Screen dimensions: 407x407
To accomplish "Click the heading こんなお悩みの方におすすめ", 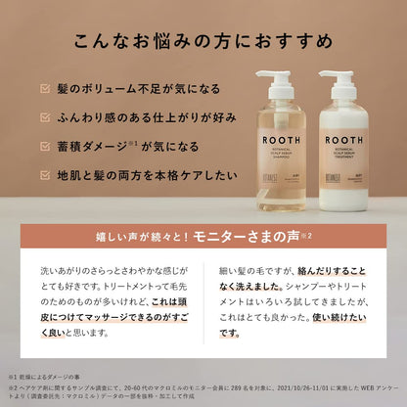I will pyautogui.click(x=203, y=44).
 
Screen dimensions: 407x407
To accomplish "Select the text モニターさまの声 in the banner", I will pyautogui.click(x=256, y=236).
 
